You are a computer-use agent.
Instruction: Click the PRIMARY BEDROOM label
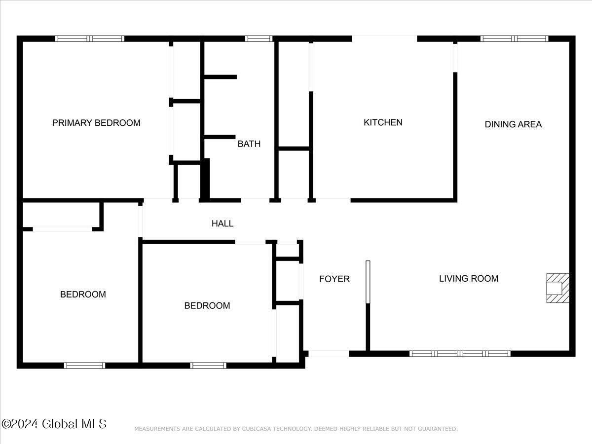(x=96, y=123)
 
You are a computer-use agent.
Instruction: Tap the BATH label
(x=249, y=144)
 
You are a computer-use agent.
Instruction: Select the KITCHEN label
(x=383, y=122)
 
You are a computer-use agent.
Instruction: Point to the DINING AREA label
(x=513, y=124)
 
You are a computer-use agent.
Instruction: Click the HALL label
(x=222, y=223)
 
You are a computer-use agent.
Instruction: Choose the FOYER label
(x=334, y=279)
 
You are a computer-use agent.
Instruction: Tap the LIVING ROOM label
(x=469, y=278)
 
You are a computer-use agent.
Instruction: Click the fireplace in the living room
(x=558, y=288)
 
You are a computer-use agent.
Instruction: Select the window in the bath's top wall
(x=259, y=38)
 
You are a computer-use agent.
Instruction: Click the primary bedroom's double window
(x=90, y=38)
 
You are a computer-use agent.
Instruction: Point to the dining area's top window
(x=515, y=38)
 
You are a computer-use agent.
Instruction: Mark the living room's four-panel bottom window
(x=460, y=354)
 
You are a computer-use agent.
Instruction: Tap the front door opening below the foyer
(x=329, y=354)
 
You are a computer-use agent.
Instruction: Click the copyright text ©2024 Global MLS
(x=54, y=424)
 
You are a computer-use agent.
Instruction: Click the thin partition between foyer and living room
(x=368, y=282)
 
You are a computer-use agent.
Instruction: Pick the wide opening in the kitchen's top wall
(x=385, y=38)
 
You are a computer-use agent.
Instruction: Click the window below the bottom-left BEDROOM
(x=85, y=366)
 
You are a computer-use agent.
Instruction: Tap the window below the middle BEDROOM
(x=208, y=366)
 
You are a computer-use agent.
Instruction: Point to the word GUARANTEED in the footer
(x=438, y=429)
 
